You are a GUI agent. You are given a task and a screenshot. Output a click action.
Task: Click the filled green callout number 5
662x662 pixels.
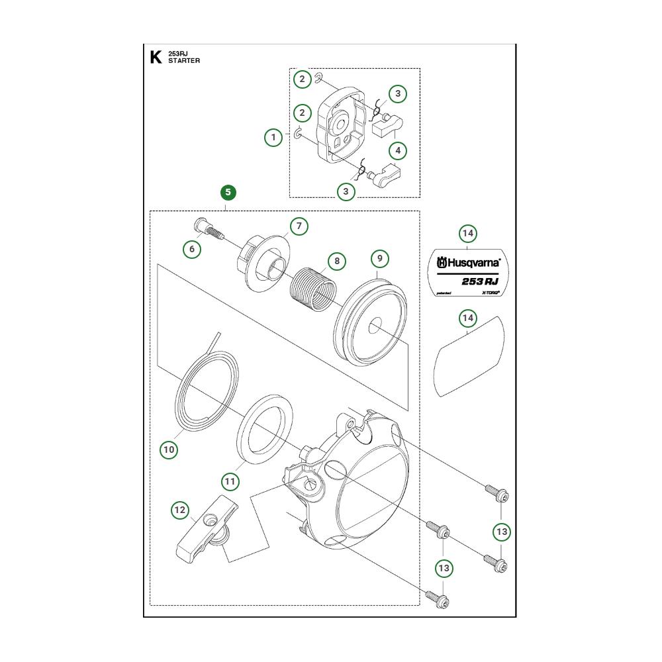pos(228,193)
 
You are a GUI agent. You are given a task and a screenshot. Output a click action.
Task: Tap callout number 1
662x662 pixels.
pos(273,138)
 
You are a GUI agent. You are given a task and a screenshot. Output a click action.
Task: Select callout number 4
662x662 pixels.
pos(398,151)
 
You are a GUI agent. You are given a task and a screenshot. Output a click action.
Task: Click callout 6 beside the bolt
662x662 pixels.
pos(192,249)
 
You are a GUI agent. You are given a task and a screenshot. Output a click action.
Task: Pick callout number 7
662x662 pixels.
pos(299,226)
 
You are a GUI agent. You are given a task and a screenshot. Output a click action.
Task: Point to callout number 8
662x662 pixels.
pos(337,261)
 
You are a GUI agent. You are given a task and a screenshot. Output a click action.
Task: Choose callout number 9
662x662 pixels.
pos(379,258)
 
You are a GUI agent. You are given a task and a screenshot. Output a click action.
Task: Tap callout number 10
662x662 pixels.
pos(169,449)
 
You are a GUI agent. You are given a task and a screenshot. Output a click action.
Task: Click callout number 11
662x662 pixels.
pos(230,481)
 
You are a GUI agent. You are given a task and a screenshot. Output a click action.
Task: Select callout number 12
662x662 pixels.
pos(180,510)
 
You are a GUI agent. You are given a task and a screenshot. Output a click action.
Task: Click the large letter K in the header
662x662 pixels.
pos(156,57)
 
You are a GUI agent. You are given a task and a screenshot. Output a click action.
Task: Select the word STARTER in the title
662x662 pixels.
pos(184,61)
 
